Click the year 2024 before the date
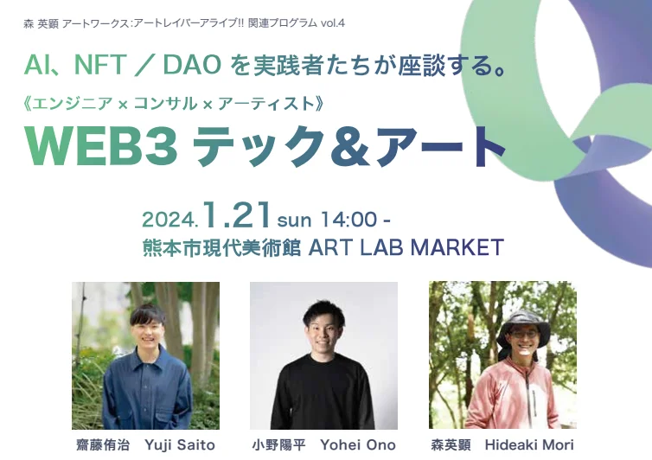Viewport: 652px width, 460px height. (171, 217)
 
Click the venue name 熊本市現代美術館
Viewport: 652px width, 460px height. (221, 248)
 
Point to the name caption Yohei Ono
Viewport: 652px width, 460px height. (358, 445)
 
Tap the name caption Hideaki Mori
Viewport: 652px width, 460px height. (528, 445)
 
